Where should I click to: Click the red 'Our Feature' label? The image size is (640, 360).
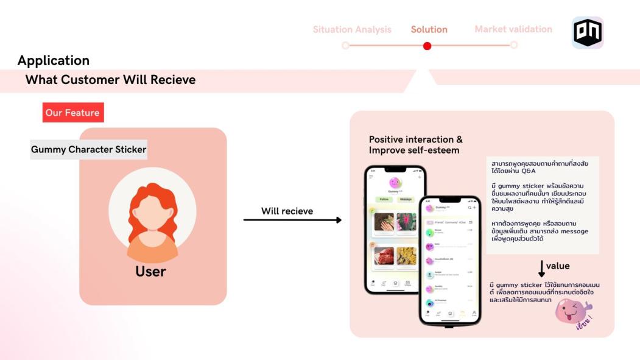click(73, 113)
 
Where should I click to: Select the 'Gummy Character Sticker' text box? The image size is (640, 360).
click(89, 149)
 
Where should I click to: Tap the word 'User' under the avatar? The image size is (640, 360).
click(151, 271)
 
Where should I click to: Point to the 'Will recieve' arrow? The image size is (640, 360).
click(292, 220)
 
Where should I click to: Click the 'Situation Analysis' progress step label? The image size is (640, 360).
click(352, 29)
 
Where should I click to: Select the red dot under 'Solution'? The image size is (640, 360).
click(427, 46)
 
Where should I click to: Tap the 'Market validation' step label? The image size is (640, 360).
click(513, 29)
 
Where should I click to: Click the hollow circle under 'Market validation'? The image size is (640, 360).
click(513, 45)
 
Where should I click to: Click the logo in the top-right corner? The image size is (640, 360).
click(587, 32)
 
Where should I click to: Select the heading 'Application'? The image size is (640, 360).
click(54, 60)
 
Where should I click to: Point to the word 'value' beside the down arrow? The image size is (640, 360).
click(558, 266)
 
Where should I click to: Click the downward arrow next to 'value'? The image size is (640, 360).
click(541, 269)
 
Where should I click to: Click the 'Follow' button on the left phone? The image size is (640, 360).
click(384, 199)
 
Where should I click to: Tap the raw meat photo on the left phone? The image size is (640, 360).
click(384, 256)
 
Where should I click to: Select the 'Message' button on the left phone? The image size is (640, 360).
click(406, 199)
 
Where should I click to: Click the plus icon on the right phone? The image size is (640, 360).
click(474, 208)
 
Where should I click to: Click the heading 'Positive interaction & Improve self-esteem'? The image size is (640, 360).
click(415, 145)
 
